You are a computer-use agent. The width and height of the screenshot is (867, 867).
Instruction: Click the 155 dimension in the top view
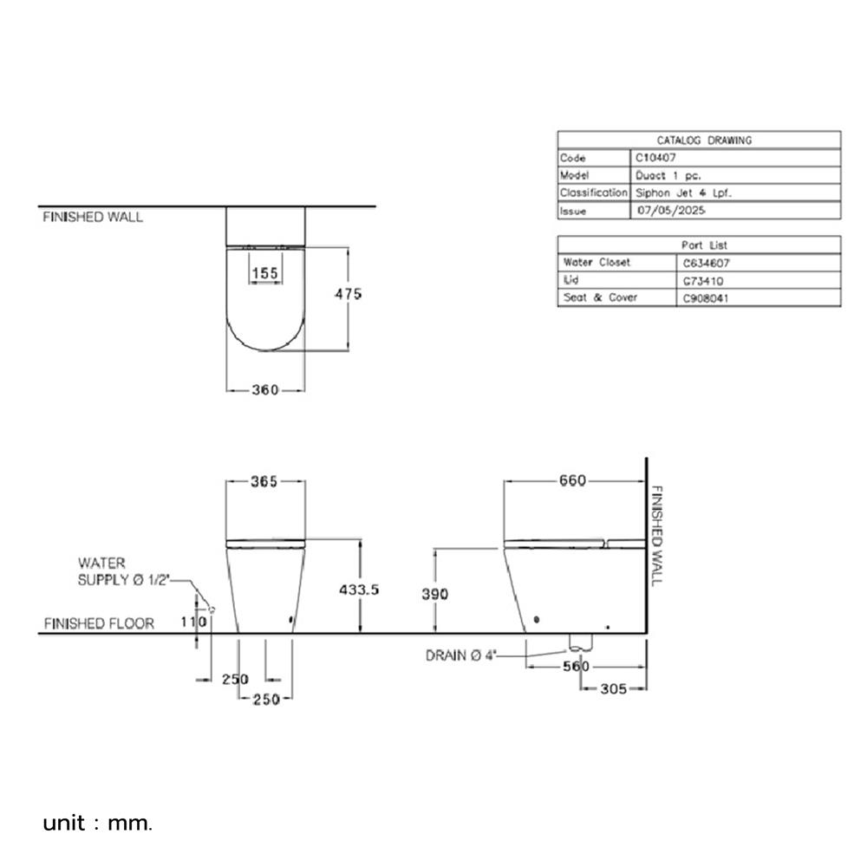point(264,273)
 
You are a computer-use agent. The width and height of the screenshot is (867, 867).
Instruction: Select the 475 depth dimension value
point(348,294)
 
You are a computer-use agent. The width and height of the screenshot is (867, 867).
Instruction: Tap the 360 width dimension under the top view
point(265,390)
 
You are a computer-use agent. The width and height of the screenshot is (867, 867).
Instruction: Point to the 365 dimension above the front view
point(264,482)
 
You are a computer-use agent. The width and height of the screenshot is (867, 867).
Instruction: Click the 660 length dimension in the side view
point(572,481)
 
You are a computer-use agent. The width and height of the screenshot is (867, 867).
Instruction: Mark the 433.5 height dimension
point(358,589)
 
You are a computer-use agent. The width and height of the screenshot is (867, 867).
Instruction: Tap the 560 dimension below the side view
point(575,666)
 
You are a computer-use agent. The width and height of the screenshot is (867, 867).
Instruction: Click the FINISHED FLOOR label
point(99,623)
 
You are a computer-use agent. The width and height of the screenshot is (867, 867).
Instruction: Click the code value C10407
point(655,158)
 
